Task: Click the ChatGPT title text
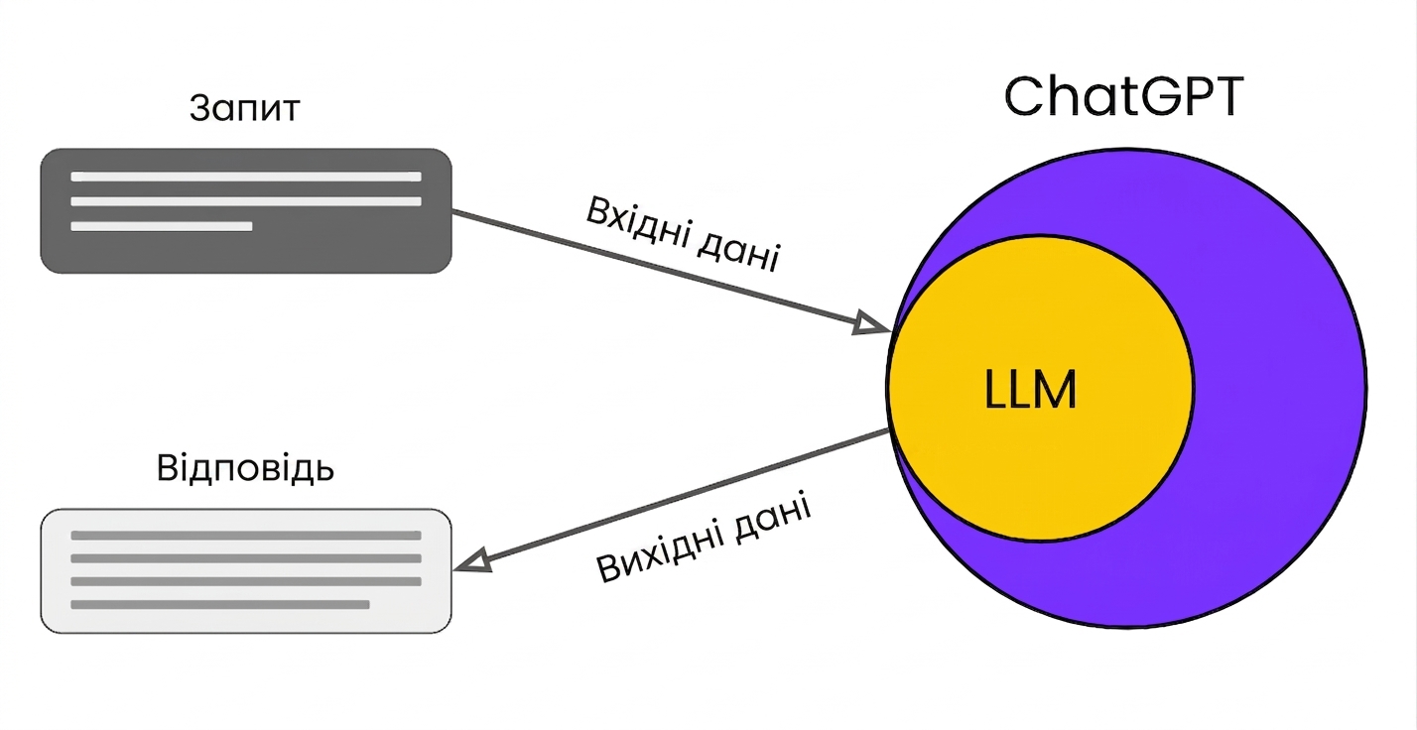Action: (x=1124, y=96)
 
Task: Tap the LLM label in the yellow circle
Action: (x=1030, y=390)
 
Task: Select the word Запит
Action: (x=245, y=109)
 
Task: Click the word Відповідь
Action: (x=245, y=469)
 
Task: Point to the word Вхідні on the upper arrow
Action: (x=638, y=223)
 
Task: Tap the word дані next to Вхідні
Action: (x=738, y=251)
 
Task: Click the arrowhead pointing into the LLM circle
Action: (x=871, y=323)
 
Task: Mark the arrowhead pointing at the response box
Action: (x=472, y=561)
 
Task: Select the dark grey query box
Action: (x=246, y=211)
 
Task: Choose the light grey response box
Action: (x=246, y=570)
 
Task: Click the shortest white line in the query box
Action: (x=162, y=226)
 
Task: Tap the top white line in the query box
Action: (x=246, y=177)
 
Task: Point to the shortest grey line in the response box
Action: (x=220, y=605)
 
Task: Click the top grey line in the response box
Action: (x=246, y=536)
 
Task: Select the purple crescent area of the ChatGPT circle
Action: (x=1278, y=392)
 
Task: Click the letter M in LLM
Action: (x=1054, y=390)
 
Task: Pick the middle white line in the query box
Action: (x=246, y=201)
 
